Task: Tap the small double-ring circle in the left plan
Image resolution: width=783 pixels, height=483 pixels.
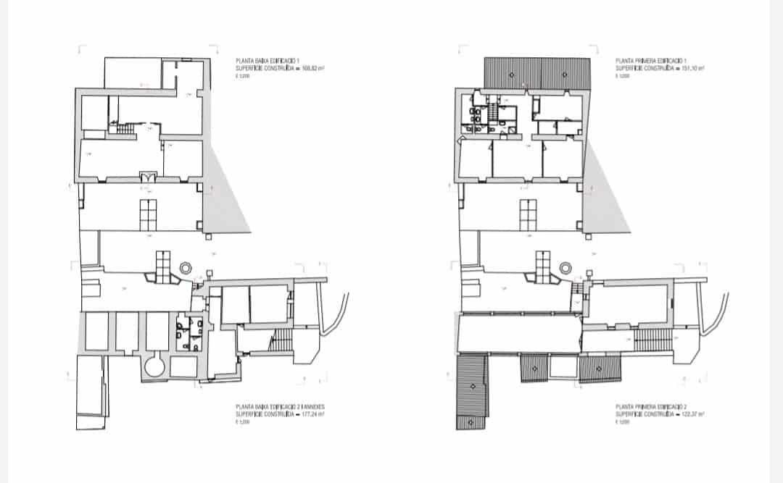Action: click(x=186, y=267)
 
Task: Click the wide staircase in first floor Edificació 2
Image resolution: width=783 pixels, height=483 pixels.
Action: click(x=650, y=338)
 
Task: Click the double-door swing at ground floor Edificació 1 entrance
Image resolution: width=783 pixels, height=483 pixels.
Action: click(x=149, y=175)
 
